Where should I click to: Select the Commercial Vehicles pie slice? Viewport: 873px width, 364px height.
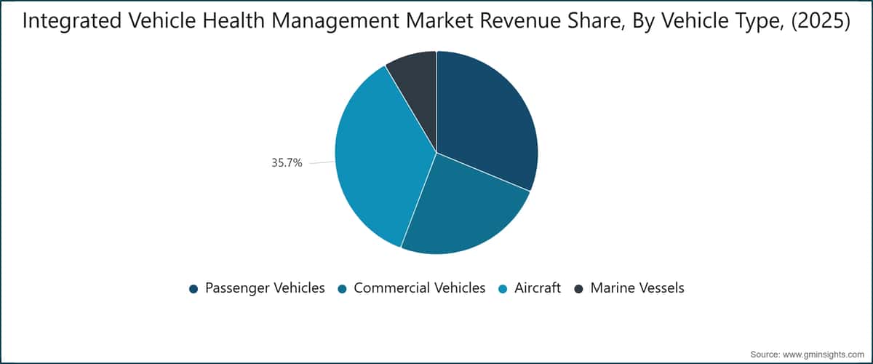pyautogui.click(x=464, y=210)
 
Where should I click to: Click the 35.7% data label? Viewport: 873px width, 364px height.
pyautogui.click(x=287, y=162)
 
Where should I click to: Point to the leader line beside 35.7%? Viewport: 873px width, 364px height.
pyautogui.click(x=322, y=162)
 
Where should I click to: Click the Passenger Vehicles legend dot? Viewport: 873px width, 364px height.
pyautogui.click(x=194, y=289)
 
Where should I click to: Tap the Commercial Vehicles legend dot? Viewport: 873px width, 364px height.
pyautogui.click(x=342, y=289)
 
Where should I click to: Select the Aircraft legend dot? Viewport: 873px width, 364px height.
pyautogui.click(x=503, y=289)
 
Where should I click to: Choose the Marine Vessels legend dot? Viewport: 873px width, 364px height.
pyautogui.click(x=579, y=289)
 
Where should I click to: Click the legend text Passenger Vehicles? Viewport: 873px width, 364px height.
pyautogui.click(x=265, y=288)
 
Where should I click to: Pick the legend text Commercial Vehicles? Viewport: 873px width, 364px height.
pyautogui.click(x=420, y=288)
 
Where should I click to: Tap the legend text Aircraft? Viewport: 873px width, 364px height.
pyautogui.click(x=538, y=288)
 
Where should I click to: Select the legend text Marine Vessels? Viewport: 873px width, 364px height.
pyautogui.click(x=637, y=288)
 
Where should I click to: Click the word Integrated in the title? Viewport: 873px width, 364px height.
pyautogui.click(x=72, y=21)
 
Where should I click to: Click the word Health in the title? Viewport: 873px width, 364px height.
pyautogui.click(x=234, y=20)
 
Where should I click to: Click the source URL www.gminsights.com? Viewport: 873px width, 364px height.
pyautogui.click(x=824, y=355)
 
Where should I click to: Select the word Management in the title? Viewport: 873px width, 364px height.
pyautogui.click(x=335, y=21)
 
